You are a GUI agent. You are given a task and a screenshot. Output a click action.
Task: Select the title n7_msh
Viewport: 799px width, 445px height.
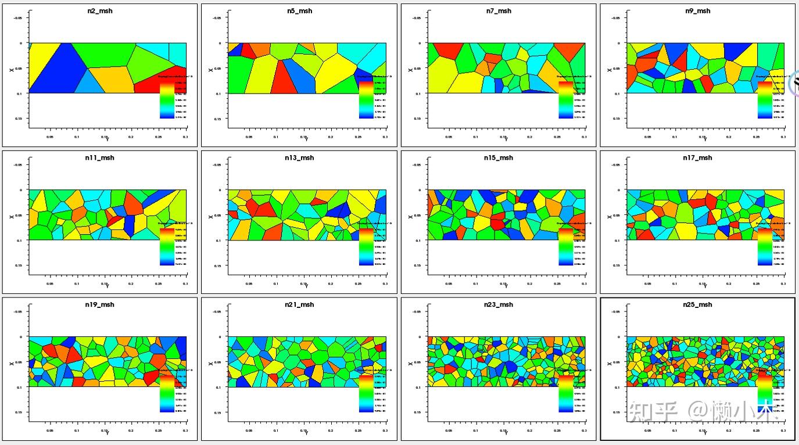pyautogui.click(x=499, y=11)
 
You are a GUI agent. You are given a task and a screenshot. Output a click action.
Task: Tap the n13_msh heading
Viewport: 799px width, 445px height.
pyautogui.click(x=299, y=158)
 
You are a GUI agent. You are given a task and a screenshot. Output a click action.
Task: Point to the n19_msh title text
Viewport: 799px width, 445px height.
pyautogui.click(x=100, y=305)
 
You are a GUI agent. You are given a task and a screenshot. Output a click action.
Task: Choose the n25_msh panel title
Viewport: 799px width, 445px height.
pyautogui.click(x=697, y=305)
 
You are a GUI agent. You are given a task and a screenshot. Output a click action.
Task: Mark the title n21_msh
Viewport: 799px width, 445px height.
pyautogui.click(x=299, y=305)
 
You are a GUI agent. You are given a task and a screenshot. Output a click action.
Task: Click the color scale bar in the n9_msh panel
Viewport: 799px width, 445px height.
pyautogui.click(x=765, y=99)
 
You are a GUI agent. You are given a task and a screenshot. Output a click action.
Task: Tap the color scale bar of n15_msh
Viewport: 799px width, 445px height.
pyautogui.click(x=566, y=246)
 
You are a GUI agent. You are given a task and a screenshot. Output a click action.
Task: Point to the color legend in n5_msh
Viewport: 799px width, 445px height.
pyautogui.click(x=366, y=99)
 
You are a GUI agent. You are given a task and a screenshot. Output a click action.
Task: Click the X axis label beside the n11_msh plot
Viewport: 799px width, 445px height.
pyautogui.click(x=11, y=216)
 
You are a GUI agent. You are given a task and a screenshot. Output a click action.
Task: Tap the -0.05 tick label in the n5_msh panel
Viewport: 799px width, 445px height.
pyautogui.click(x=216, y=18)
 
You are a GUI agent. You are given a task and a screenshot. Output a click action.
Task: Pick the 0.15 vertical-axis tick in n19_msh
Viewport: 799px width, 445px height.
pyautogui.click(x=19, y=412)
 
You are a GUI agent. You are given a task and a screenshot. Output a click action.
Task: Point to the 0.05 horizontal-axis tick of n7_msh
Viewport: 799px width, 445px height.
pyautogui.click(x=449, y=137)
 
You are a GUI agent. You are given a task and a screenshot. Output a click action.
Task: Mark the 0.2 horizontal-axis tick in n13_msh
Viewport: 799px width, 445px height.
pyautogui.click(x=331, y=284)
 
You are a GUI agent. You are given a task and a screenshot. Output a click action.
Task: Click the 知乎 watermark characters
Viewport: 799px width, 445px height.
pyautogui.click(x=654, y=412)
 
